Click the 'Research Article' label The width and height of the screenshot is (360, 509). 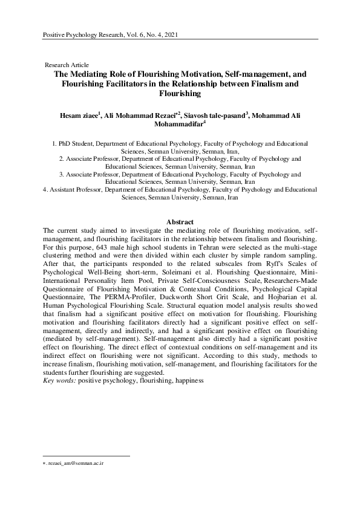tap(67, 65)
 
